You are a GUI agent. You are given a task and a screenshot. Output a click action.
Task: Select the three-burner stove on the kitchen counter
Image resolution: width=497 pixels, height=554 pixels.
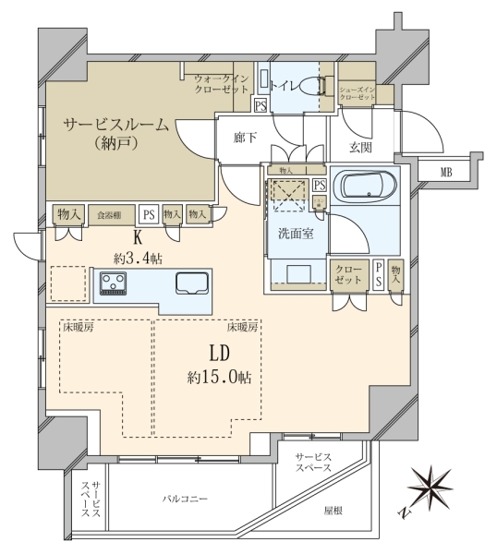(113, 283)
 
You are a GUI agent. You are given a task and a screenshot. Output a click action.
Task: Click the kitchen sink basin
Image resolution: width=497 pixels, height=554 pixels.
(192, 283)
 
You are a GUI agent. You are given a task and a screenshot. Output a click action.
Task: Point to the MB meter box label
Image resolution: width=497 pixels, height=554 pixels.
(446, 173)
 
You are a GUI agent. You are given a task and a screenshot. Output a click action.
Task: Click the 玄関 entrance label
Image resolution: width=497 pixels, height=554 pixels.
(361, 148)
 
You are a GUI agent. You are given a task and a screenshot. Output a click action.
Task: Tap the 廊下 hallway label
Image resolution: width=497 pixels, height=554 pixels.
(245, 138)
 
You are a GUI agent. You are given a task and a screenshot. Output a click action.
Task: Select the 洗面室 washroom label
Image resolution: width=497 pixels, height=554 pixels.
(296, 234)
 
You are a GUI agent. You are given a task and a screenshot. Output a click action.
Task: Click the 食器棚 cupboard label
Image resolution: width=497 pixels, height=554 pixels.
(109, 215)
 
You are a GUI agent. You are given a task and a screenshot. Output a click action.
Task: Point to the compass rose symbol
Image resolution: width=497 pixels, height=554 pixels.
(430, 488)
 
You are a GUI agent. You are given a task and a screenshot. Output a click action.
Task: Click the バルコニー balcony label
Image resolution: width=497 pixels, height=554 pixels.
(186, 499)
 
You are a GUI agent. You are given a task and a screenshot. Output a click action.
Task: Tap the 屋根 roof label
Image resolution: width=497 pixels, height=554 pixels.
(333, 511)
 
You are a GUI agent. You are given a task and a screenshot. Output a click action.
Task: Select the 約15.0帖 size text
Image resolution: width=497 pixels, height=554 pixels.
(220, 378)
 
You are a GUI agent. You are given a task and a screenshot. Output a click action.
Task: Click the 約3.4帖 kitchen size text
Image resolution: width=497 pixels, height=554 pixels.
(138, 259)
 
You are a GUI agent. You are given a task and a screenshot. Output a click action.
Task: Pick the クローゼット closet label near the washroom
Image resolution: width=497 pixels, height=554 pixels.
(348, 274)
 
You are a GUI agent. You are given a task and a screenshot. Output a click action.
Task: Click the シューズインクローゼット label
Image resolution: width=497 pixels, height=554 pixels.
(357, 93)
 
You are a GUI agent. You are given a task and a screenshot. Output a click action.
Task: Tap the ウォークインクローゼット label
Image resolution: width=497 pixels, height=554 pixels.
(222, 84)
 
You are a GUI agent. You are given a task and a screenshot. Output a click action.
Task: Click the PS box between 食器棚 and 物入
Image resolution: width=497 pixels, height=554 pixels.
(149, 214)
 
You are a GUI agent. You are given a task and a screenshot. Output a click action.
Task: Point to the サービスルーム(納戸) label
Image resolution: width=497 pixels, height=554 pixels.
(116, 134)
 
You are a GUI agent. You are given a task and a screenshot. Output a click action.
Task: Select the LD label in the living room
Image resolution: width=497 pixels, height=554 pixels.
(220, 353)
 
